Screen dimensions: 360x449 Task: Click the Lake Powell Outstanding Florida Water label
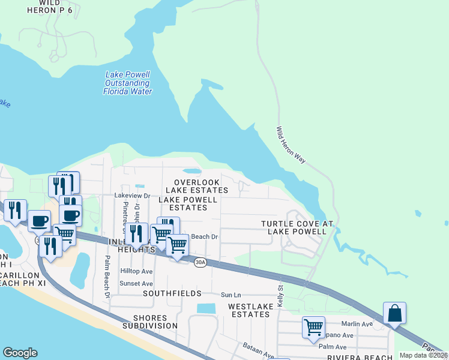tap(127, 83)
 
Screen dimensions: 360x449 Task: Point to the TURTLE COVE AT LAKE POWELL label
tap(297, 227)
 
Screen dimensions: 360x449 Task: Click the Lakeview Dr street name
tap(131, 196)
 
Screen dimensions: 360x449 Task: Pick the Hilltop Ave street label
tap(136, 271)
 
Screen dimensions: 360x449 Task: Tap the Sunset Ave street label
tap(136, 283)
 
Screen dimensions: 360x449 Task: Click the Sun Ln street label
tap(230, 295)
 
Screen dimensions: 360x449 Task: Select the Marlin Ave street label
tap(358, 325)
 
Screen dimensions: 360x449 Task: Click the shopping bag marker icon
tap(394, 313)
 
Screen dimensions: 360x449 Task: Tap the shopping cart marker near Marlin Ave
tap(313, 328)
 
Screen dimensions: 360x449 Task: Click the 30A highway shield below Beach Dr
tap(200, 261)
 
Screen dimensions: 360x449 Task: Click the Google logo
tap(20, 353)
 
